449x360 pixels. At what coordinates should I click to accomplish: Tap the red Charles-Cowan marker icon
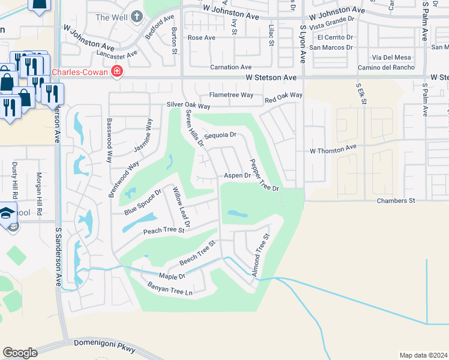tap(117, 73)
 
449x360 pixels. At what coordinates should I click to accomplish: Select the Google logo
tap(20, 353)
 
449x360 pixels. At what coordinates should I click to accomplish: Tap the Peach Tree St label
tap(163, 230)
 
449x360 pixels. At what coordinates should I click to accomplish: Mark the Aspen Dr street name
tap(237, 176)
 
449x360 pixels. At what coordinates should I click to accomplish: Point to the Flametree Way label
tap(231, 95)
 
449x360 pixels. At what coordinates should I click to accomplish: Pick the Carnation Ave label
tap(231, 67)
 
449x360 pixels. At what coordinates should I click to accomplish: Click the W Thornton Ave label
tap(333, 148)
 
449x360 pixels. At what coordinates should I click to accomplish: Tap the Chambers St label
tap(396, 200)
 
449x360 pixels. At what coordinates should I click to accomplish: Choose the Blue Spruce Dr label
tap(143, 202)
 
